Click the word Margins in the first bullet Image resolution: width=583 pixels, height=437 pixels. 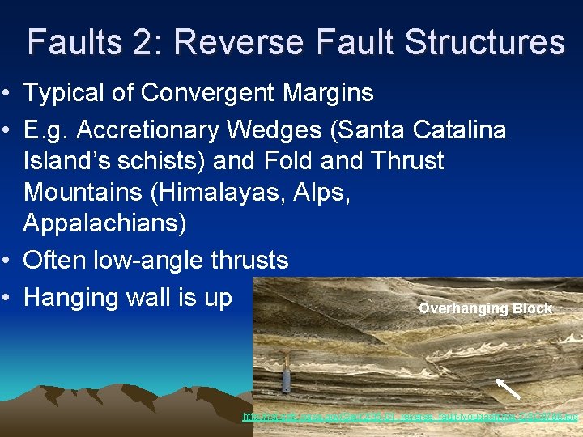tap(326, 93)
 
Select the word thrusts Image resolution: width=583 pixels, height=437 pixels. tap(252, 260)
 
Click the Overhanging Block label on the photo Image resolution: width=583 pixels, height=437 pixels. tap(485, 308)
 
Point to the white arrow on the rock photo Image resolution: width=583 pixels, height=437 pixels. tap(508, 388)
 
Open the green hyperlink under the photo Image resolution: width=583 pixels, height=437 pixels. tap(411, 417)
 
